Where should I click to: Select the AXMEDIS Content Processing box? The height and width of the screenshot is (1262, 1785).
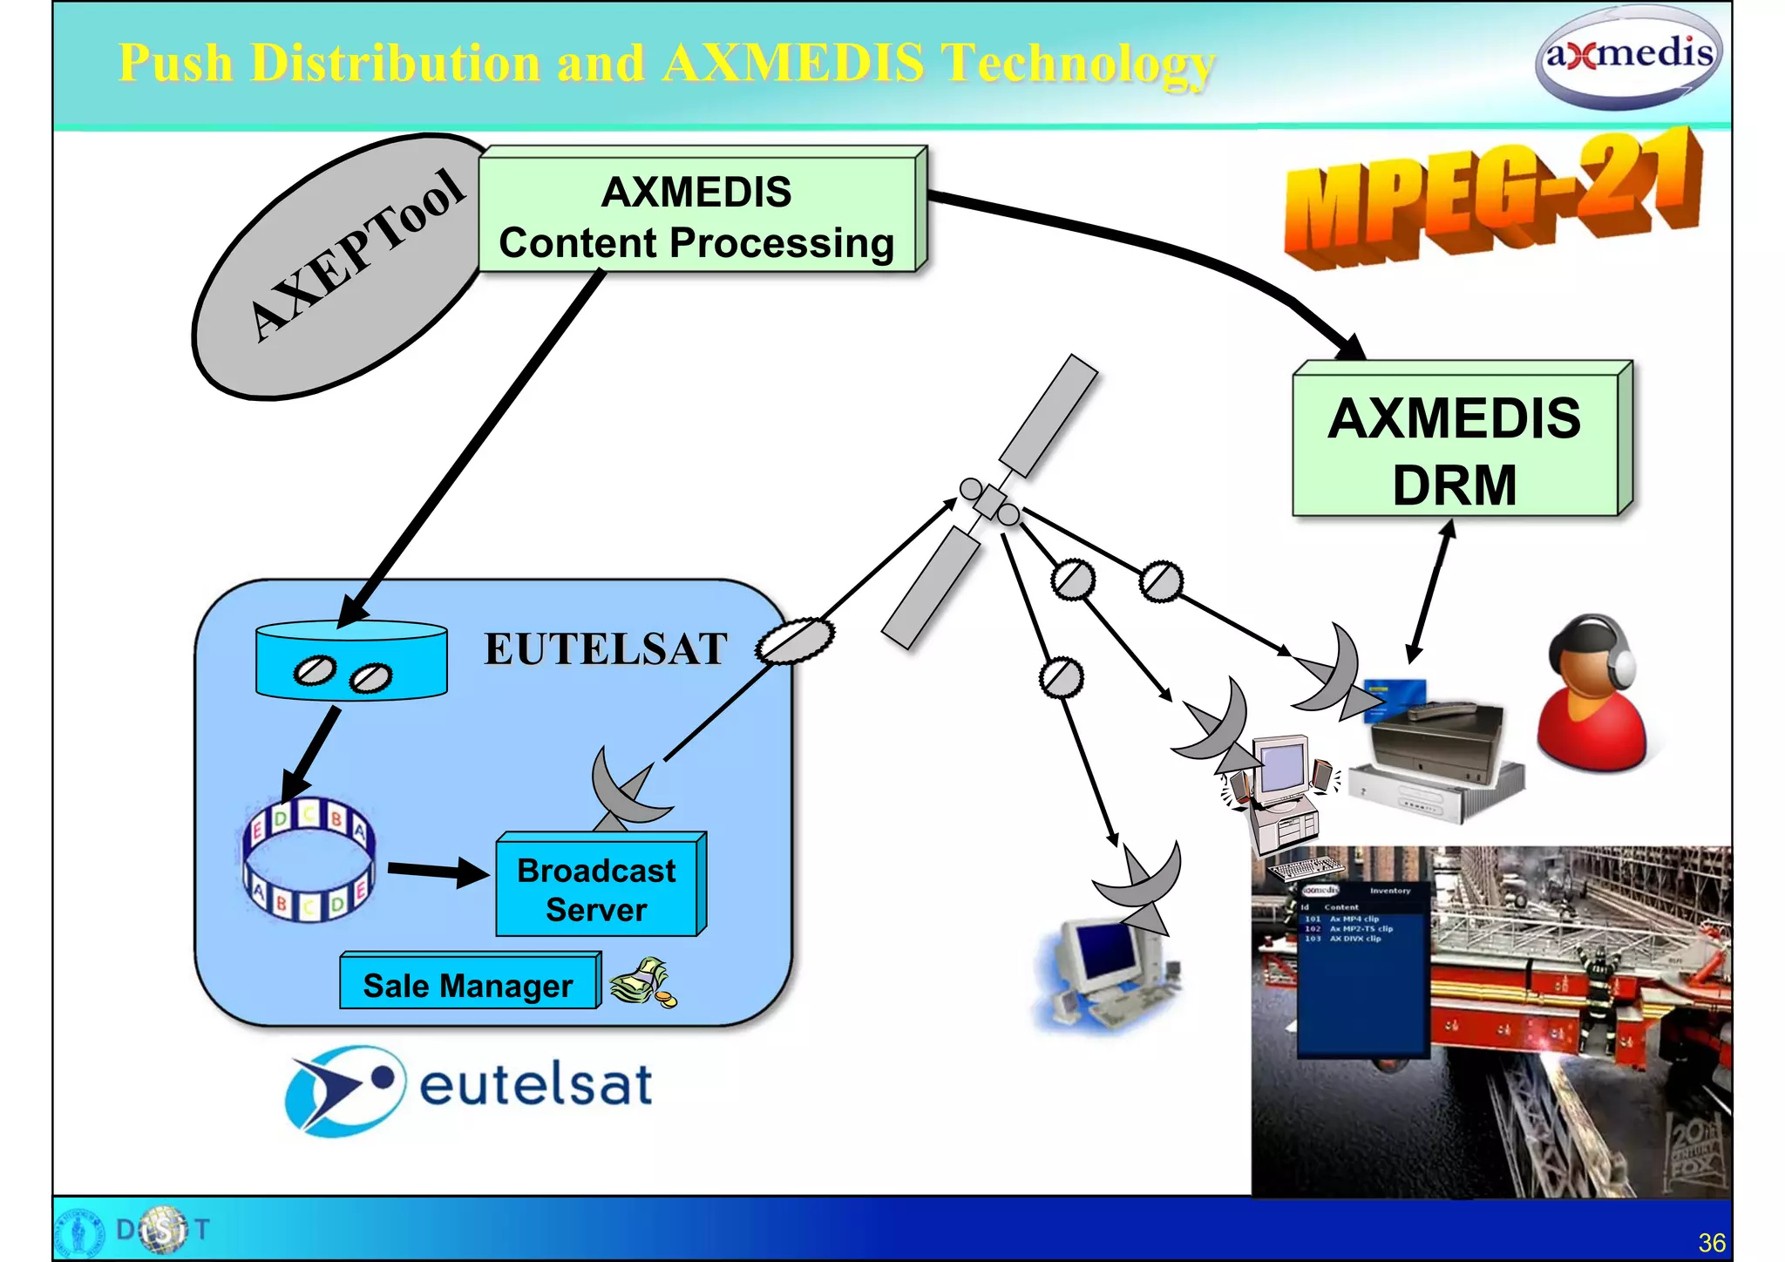point(698,215)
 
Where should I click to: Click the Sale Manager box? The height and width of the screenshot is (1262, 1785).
point(469,985)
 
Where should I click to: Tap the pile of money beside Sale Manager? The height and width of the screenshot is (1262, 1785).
point(643,982)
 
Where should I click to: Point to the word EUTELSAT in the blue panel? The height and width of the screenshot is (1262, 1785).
point(606,649)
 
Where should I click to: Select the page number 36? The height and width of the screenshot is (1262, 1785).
point(1712,1242)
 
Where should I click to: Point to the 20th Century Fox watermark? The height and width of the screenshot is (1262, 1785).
point(1695,1150)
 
